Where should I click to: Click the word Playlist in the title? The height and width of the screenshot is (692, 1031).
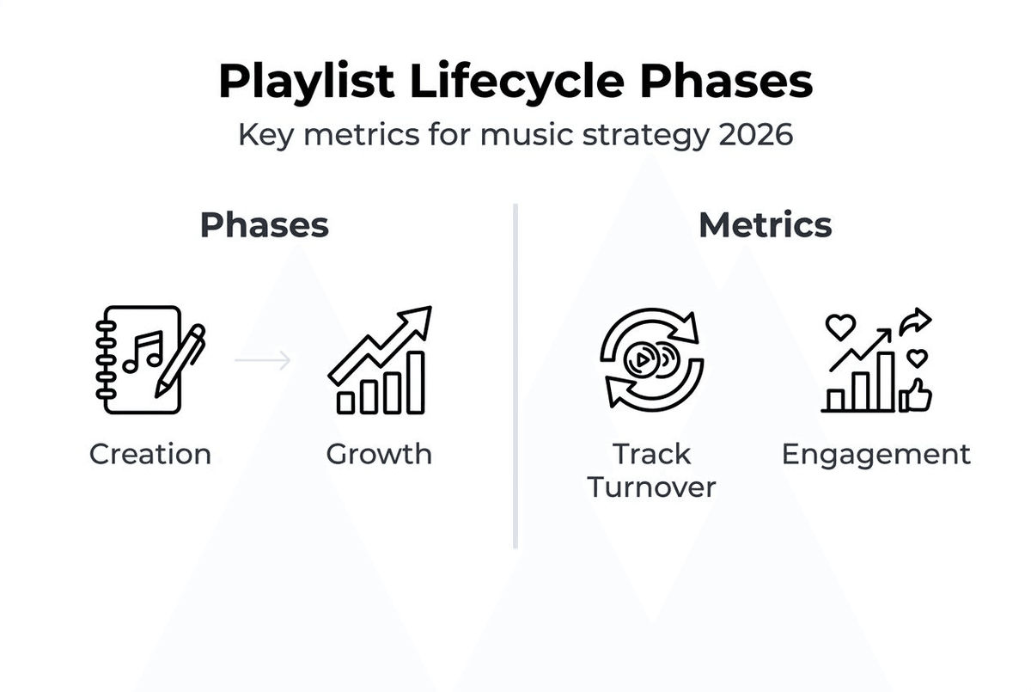click(306, 83)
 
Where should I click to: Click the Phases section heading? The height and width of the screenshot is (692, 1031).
click(264, 225)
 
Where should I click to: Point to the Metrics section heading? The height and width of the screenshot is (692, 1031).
click(765, 225)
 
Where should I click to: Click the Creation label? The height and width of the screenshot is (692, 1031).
click(150, 454)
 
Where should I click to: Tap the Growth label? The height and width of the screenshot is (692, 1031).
click(379, 454)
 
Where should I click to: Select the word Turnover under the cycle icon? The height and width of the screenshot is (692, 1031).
click(651, 487)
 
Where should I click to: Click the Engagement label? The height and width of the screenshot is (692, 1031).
click(875, 454)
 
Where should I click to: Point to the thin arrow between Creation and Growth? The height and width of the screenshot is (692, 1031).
click(263, 360)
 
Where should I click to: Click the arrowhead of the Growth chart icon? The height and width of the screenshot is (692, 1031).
click(418, 320)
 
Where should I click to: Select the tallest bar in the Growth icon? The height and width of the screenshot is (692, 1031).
click(415, 382)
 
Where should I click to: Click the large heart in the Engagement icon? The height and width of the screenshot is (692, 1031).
click(839, 327)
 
